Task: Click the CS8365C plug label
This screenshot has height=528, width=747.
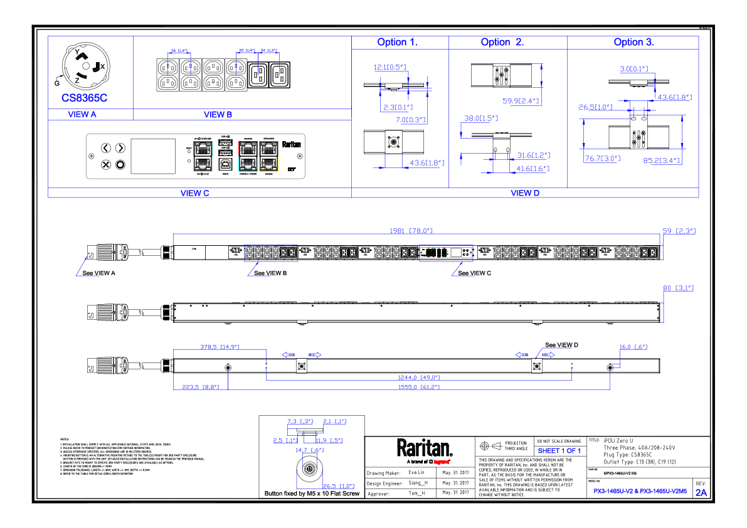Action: coord(84,98)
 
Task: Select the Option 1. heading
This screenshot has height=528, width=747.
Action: coord(398,43)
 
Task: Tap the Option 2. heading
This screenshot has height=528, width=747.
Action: coord(502,43)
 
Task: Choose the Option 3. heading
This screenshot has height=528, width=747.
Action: coord(633,43)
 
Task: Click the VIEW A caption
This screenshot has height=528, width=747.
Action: coord(82,115)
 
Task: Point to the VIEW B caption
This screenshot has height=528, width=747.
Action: coord(218,115)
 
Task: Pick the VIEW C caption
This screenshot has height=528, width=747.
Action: coord(194,193)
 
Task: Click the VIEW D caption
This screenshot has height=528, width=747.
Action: coord(525,193)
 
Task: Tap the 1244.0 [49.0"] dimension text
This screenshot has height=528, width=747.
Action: coord(419,378)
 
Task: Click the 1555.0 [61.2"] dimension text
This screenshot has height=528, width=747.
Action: coord(419,387)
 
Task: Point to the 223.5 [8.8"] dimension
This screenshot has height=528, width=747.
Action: coord(201,387)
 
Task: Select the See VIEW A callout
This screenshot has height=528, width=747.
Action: coord(99,273)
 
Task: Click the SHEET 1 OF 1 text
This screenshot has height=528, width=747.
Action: coord(559,451)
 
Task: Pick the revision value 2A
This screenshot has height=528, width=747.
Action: coord(701,493)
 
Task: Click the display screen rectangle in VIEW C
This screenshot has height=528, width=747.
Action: coord(152,156)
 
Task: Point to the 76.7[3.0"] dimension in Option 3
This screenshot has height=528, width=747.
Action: coord(602,159)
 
